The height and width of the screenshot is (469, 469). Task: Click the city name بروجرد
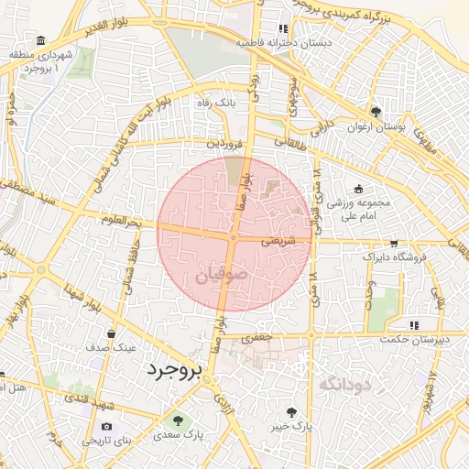(172, 370)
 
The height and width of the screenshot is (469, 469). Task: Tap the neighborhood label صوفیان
(221, 274)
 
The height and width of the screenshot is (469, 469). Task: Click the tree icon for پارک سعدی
(178, 420)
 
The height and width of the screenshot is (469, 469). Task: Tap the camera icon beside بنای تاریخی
(107, 426)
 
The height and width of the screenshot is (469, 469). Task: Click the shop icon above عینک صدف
(111, 333)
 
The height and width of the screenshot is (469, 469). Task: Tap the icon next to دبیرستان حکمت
(414, 324)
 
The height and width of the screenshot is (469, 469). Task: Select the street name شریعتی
(278, 243)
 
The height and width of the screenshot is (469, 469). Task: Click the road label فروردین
(224, 144)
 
